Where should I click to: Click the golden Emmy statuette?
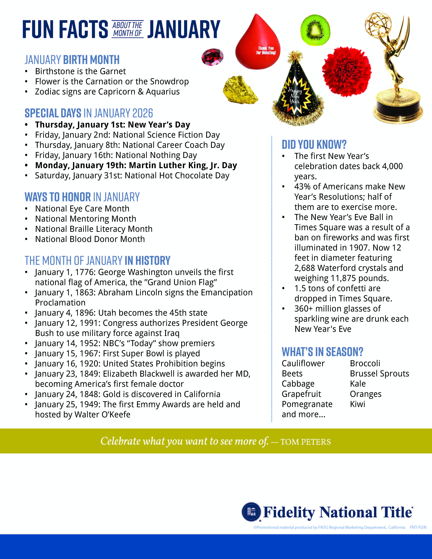tap(394, 69)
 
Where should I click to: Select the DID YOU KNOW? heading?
tap(314, 145)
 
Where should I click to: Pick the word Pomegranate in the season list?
tap(307, 404)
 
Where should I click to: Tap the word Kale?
tap(357, 384)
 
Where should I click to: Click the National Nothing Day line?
tap(116, 155)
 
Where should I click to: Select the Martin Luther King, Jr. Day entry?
tap(136, 165)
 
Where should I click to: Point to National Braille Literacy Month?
tap(94, 229)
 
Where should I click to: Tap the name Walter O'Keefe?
tap(102, 414)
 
